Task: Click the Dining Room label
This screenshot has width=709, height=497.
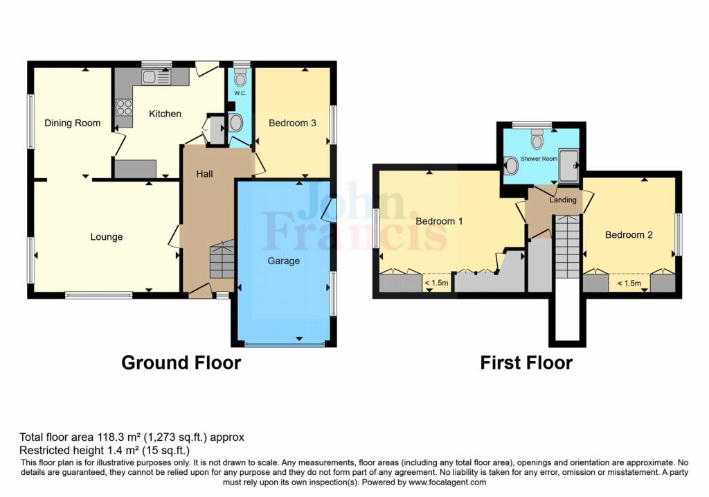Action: click(x=72, y=123)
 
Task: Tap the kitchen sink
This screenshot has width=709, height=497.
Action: click(x=156, y=78)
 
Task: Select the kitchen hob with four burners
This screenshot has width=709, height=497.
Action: click(x=124, y=107)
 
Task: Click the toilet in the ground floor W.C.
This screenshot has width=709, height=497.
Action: click(x=240, y=78)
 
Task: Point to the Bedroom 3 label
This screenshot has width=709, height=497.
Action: click(x=292, y=123)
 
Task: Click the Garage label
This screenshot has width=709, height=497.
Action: click(x=283, y=261)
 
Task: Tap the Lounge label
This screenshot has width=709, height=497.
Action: click(x=106, y=237)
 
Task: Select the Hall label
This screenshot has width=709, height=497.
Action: click(x=204, y=174)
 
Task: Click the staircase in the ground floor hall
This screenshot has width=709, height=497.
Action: click(x=222, y=259)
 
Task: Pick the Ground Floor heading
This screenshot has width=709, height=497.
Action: click(x=181, y=363)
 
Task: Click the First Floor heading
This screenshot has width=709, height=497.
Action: click(x=526, y=363)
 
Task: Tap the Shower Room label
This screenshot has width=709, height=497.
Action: click(x=539, y=159)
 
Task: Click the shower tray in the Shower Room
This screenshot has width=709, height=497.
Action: click(x=569, y=166)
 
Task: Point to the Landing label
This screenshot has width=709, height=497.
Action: click(x=563, y=200)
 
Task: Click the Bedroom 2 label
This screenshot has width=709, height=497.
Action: click(x=629, y=234)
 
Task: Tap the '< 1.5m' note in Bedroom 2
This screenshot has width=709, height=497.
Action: click(x=629, y=284)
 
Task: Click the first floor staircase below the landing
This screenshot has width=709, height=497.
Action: click(x=567, y=247)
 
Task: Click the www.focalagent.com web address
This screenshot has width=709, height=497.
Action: click(x=447, y=482)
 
